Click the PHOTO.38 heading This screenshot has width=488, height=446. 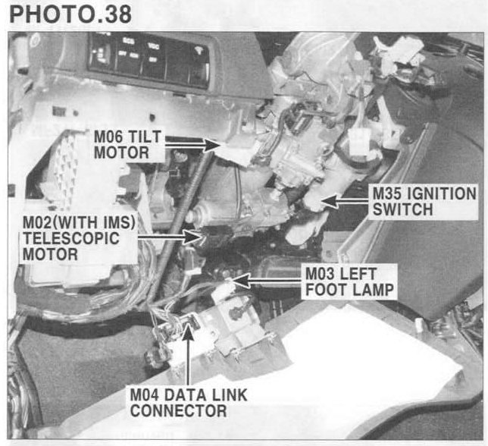click(70, 14)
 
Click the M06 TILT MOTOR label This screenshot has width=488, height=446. click(128, 145)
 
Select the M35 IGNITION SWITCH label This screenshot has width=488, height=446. click(424, 201)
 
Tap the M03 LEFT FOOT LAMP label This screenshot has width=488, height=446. click(349, 282)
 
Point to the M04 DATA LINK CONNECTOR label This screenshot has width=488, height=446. click(189, 403)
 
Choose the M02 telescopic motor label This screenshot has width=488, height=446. click(79, 238)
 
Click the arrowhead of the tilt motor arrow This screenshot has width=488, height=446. click(212, 145)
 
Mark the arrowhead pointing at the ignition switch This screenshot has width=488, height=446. click(330, 201)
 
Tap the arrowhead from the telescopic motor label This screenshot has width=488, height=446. click(193, 237)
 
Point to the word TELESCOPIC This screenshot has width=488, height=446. click(71, 238)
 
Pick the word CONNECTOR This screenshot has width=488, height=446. click(178, 410)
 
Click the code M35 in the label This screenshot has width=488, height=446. click(387, 193)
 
